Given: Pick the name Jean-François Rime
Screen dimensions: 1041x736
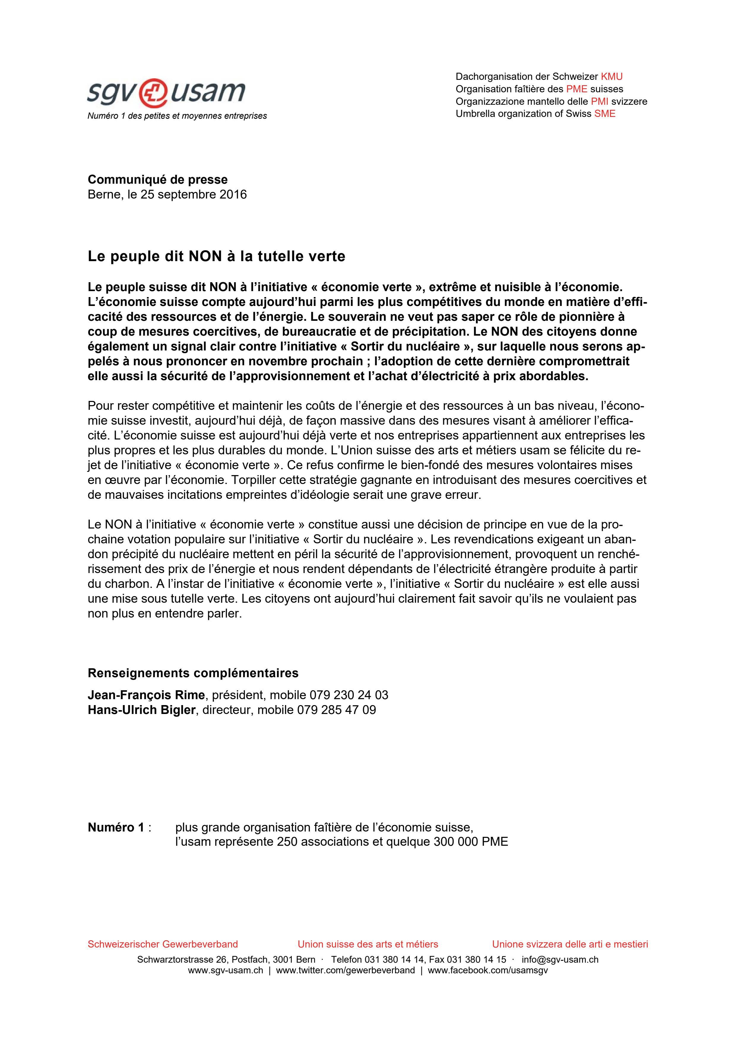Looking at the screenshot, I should (146, 695).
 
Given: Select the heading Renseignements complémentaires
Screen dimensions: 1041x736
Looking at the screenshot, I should (193, 673).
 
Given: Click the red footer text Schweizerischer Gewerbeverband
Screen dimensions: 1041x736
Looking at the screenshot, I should (162, 944).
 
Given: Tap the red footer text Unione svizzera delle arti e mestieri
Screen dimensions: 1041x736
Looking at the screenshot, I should (570, 944).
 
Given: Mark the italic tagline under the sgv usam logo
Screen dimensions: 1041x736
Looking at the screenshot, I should (177, 116).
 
